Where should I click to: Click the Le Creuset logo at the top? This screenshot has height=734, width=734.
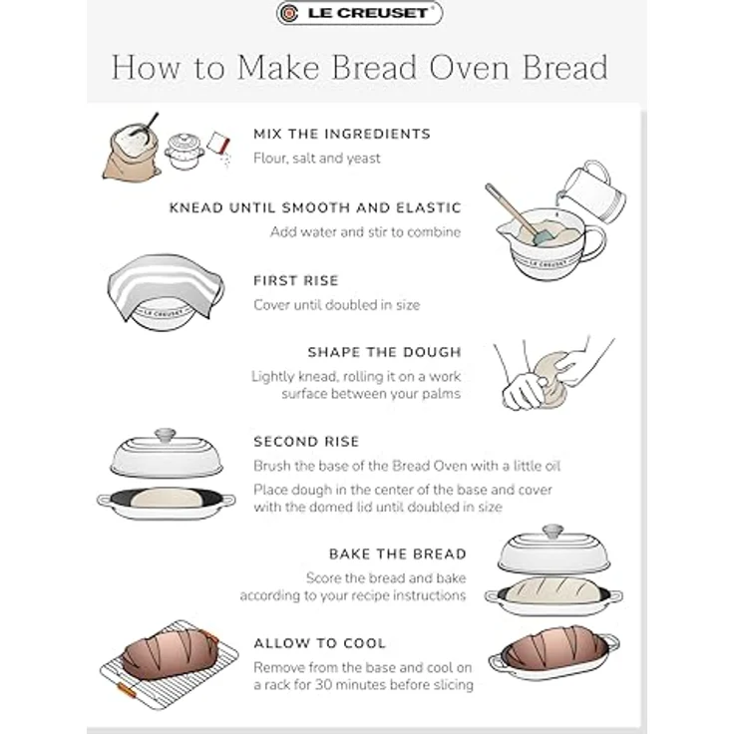(x=359, y=13)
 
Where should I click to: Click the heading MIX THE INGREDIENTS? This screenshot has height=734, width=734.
(x=342, y=134)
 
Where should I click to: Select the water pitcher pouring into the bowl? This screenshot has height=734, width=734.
(x=592, y=191)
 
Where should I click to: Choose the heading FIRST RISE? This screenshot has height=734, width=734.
(x=296, y=281)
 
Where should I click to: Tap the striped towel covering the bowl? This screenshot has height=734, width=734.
(x=166, y=284)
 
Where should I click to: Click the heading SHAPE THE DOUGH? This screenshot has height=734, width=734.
(x=385, y=352)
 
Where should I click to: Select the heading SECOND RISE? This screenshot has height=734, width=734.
(x=306, y=442)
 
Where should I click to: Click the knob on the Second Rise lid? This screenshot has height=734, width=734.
(x=166, y=435)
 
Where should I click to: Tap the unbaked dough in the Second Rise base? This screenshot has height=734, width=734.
(x=167, y=498)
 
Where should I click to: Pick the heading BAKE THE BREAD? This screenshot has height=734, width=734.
(x=398, y=554)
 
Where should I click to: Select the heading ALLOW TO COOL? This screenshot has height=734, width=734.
(x=320, y=643)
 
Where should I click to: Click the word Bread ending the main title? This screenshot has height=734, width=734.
(x=565, y=68)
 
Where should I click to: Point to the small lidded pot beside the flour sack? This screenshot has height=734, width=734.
(x=184, y=152)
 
